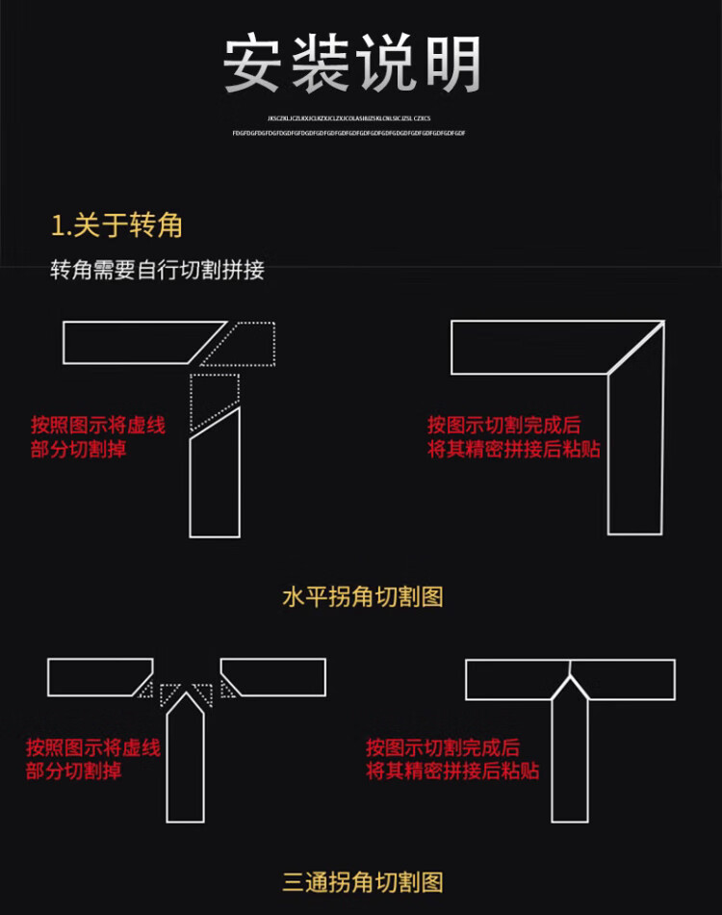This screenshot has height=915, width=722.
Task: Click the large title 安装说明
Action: [x=352, y=65]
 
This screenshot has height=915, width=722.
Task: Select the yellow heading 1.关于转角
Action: [x=116, y=226]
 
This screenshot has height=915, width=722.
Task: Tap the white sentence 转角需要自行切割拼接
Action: [x=157, y=271]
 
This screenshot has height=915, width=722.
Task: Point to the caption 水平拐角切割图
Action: [x=362, y=597]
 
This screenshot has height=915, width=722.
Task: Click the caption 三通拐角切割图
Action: [x=362, y=881]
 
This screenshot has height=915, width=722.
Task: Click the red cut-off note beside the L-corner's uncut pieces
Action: [x=97, y=436]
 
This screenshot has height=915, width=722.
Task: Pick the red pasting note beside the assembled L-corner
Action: [x=514, y=436]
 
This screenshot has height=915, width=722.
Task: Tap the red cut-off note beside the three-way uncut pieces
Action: [x=92, y=759]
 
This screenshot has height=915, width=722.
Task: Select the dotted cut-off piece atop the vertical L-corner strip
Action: [x=213, y=397]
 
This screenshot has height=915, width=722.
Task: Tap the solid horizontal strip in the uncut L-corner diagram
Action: [x=135, y=343]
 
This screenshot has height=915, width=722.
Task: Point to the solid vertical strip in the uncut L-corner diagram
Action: [x=214, y=477]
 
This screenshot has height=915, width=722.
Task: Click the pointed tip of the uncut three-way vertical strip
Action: [x=185, y=695]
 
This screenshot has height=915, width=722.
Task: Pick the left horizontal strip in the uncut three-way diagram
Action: [x=96, y=677]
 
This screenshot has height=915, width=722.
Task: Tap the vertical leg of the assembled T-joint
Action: [x=570, y=756]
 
